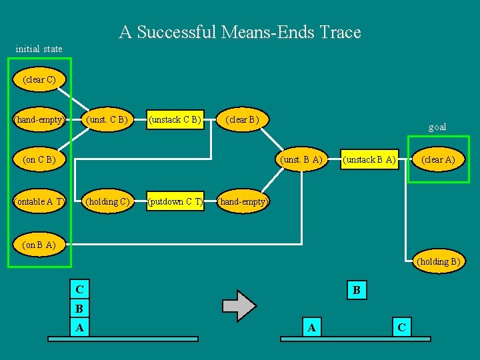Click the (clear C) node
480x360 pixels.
(39, 80)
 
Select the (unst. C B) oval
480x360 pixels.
(107, 120)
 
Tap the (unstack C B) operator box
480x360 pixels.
(175, 120)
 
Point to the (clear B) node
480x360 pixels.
(243, 120)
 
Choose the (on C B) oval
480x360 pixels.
(39, 160)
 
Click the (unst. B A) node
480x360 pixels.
(302, 160)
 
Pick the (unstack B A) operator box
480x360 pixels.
(369, 160)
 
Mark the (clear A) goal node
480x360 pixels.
(437, 160)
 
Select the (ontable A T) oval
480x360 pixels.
(40, 201)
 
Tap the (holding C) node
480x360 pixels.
(107, 201)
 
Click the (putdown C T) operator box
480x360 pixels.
(175, 201)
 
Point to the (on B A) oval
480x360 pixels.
(39, 245)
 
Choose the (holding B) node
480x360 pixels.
(438, 261)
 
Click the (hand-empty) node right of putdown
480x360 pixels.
(243, 201)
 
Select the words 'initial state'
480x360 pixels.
(39, 49)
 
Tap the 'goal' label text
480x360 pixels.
(437, 127)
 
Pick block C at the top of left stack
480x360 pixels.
(79, 290)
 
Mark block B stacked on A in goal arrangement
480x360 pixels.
(357, 290)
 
